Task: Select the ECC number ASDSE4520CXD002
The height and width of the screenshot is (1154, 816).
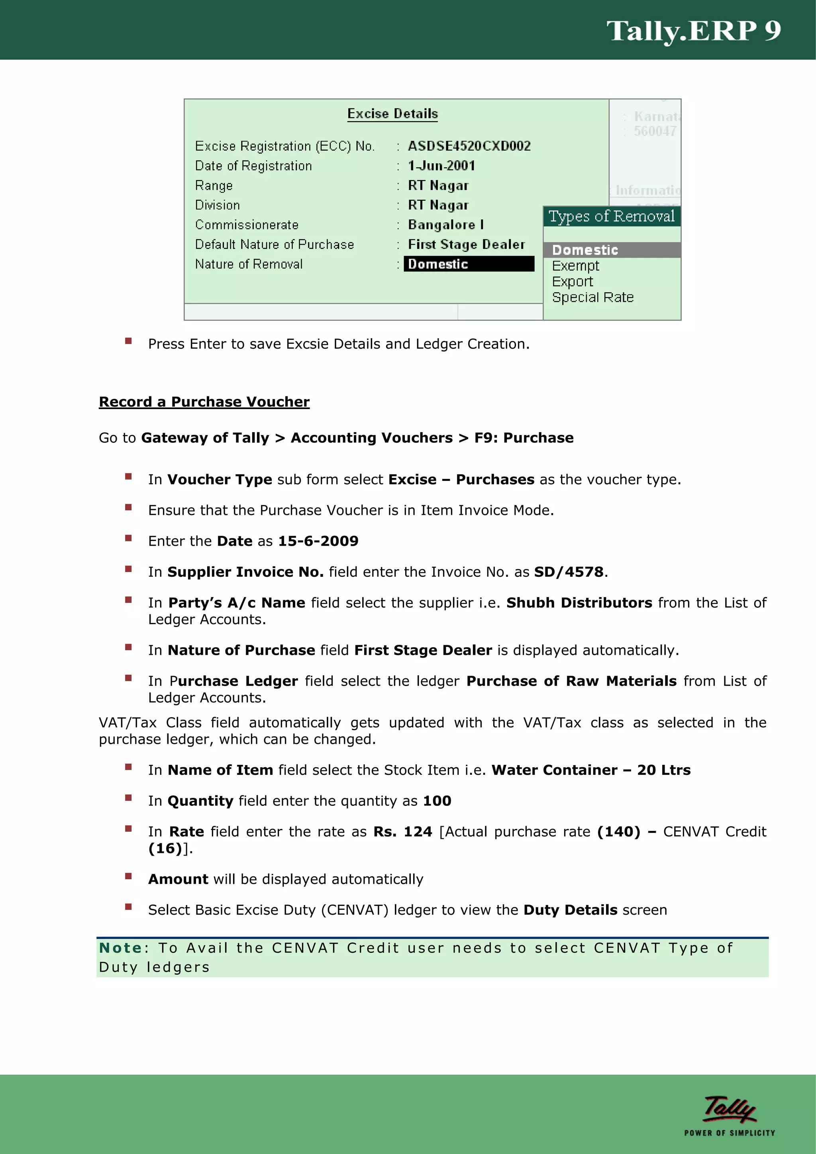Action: [469, 146]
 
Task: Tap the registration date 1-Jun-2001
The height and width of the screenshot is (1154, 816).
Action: [441, 166]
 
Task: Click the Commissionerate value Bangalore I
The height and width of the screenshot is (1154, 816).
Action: [445, 225]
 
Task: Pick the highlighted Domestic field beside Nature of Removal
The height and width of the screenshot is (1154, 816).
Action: [468, 264]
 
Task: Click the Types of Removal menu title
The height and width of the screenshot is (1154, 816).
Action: [611, 217]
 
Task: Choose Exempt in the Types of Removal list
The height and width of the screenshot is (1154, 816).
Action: [575, 266]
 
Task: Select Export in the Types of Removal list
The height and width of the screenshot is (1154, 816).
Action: [572, 282]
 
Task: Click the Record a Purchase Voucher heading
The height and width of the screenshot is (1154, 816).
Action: [204, 402]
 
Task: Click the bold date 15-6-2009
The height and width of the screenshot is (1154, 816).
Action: [318, 541]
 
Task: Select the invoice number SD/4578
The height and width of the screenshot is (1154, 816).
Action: [568, 572]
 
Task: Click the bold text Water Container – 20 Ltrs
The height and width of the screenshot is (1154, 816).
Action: [591, 770]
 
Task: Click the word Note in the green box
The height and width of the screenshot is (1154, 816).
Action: [120, 948]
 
